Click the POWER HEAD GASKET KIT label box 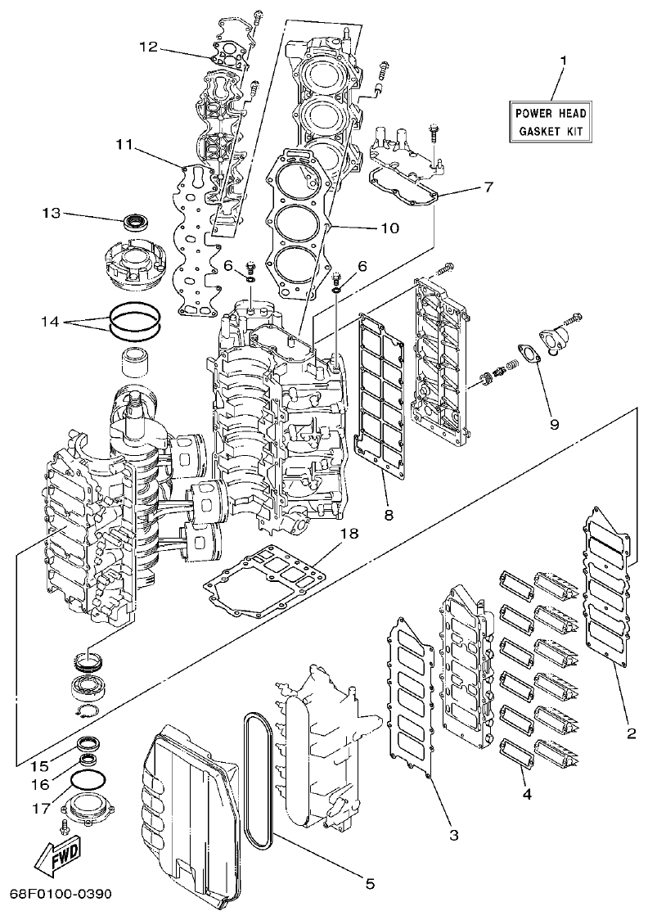[x=550, y=122]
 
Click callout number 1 [x=562, y=61]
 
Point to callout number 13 [x=52, y=214]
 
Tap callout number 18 [x=349, y=533]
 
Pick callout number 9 [x=554, y=424]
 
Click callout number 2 [x=631, y=733]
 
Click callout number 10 [x=389, y=228]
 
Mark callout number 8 [x=389, y=515]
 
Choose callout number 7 [x=488, y=187]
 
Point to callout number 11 [x=124, y=144]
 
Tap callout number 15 [x=40, y=766]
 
